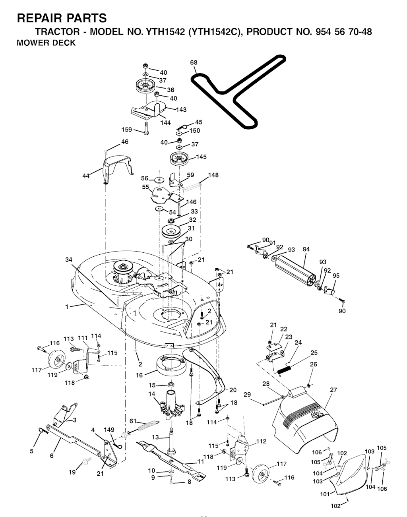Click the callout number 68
tap(194, 62)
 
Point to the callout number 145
tap(202, 157)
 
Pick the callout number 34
tap(69, 260)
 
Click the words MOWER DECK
tap(46, 43)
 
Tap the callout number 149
tap(109, 430)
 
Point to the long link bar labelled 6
tap(74, 440)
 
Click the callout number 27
tap(333, 390)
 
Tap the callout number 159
tap(127, 130)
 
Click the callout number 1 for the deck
tap(67, 306)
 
